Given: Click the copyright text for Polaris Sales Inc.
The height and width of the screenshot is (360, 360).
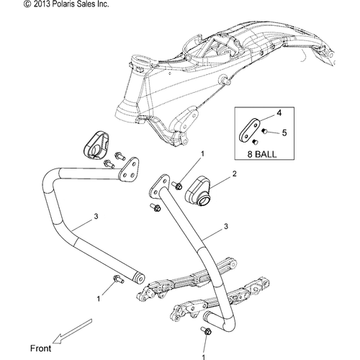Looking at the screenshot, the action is click(66, 4).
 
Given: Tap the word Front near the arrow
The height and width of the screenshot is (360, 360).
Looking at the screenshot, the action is click(41, 348).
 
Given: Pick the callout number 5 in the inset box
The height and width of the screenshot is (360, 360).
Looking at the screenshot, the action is click(284, 132).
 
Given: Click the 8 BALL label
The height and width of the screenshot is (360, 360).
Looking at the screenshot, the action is click(262, 154).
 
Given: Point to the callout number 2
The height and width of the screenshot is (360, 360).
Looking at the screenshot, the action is click(235, 174).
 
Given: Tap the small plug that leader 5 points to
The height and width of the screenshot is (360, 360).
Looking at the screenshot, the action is click(264, 131).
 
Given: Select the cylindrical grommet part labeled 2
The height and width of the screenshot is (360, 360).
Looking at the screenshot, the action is click(198, 191).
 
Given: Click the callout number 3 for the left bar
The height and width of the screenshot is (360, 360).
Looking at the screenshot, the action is click(96, 217).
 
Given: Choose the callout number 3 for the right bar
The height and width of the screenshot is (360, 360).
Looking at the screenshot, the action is click(226, 226).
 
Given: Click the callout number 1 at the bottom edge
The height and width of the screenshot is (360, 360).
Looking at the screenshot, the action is click(204, 357).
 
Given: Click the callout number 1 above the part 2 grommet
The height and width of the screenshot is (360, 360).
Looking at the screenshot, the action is click(202, 153).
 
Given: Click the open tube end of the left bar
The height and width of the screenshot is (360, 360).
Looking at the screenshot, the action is click(140, 279).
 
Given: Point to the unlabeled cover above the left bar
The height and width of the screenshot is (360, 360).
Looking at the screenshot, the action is click(96, 145).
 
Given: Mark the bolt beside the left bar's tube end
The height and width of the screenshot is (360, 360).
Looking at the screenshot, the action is click(118, 279).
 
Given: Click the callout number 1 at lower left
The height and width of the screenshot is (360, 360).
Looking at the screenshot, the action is click(99, 299).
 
